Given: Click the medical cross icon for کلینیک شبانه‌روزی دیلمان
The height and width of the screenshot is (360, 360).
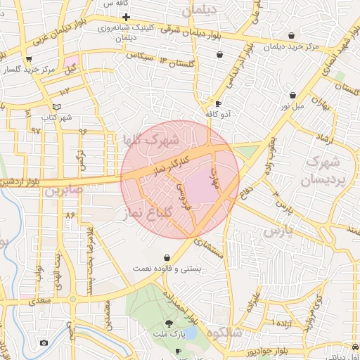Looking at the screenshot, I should point(126,17).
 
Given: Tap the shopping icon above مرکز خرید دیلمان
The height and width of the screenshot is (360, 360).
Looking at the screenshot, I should point(291,36).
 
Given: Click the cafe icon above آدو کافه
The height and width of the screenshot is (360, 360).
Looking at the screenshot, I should point(218,103).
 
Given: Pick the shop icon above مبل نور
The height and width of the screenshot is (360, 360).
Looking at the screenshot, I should point(292,95).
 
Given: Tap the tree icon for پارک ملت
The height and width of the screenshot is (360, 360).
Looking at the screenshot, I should point(169,326).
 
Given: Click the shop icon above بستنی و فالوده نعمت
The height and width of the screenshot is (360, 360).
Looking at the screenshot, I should point(167,257).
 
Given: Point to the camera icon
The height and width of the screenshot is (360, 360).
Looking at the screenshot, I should point(44,342).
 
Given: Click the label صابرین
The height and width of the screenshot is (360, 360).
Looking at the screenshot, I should point(63,191).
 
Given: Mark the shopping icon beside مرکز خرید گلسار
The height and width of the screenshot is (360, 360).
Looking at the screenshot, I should point(28,59).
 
